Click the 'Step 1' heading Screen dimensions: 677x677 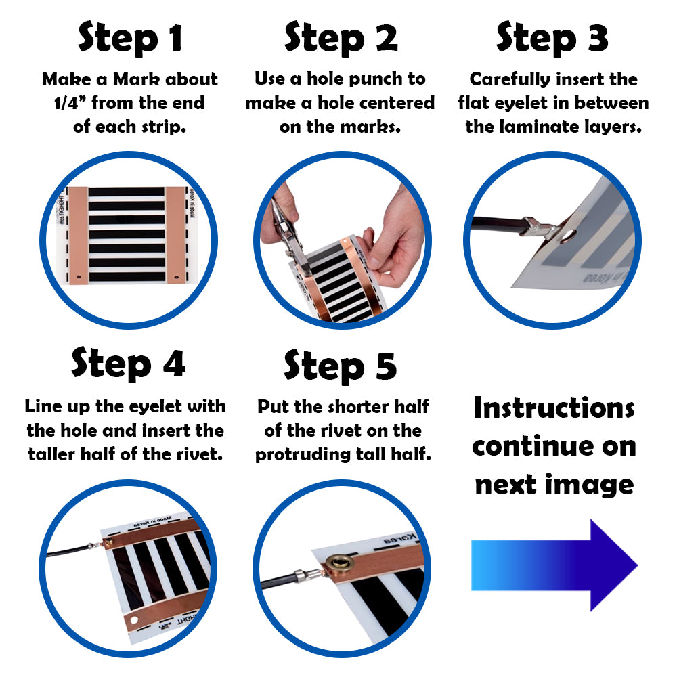[130, 38]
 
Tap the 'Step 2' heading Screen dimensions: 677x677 [341, 38]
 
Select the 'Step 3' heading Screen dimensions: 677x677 [552, 38]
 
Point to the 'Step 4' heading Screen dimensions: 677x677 [129, 364]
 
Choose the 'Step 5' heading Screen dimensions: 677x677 [341, 366]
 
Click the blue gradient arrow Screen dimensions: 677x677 [554, 565]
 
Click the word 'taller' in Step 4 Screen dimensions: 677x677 [51, 454]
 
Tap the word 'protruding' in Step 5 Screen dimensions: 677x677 [302, 455]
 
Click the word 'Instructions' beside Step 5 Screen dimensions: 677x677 [554, 408]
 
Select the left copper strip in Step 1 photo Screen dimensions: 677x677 [78, 236]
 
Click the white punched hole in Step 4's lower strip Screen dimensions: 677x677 [134, 620]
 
